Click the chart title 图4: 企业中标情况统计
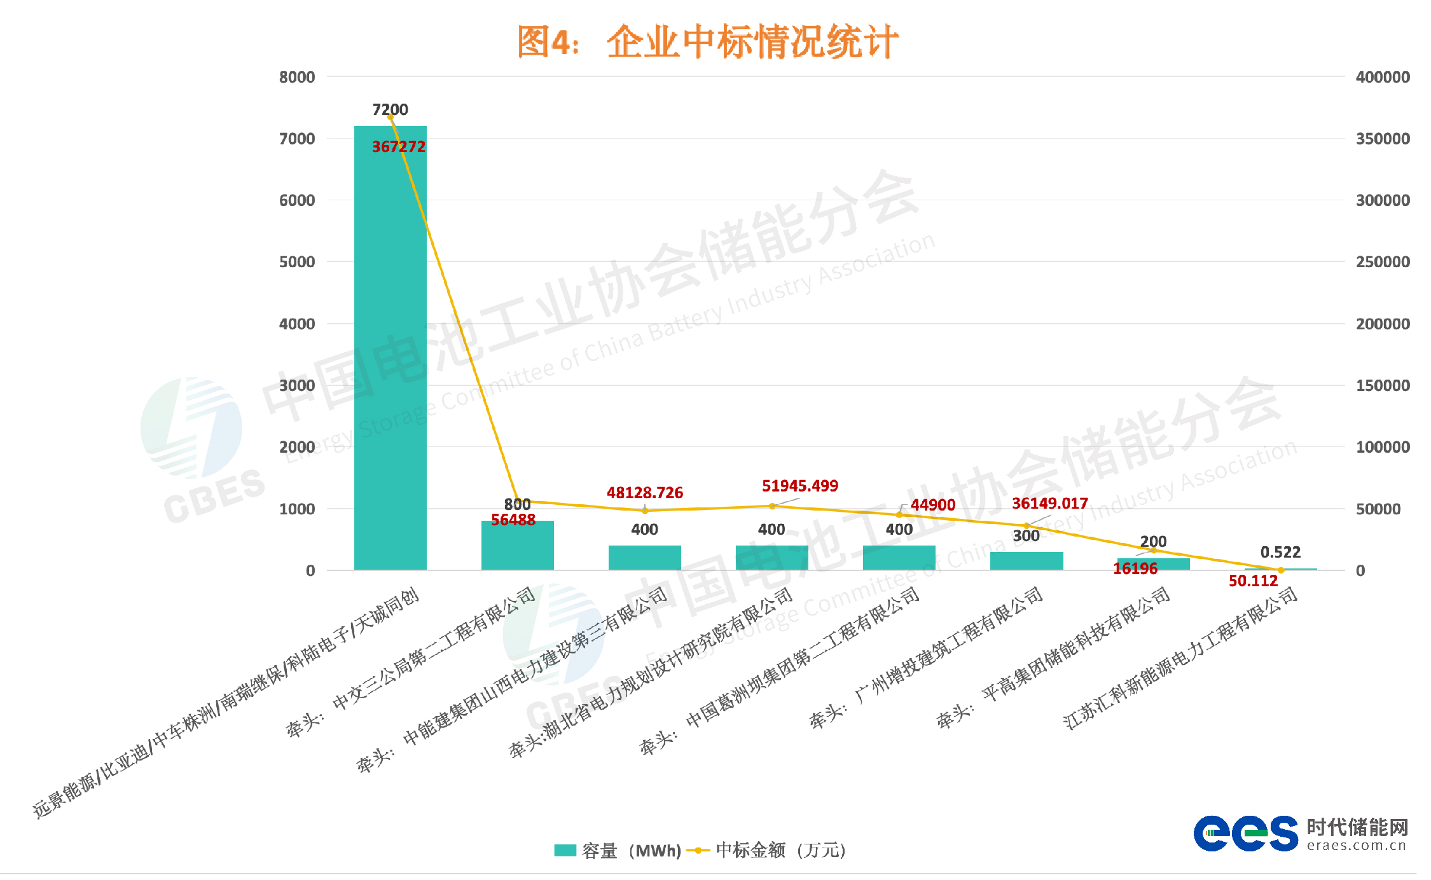click(x=707, y=42)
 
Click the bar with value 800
click(x=517, y=547)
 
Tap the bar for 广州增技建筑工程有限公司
click(x=1026, y=561)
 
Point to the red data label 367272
click(x=398, y=147)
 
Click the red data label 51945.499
click(x=799, y=486)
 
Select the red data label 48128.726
click(x=644, y=493)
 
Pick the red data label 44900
click(x=932, y=505)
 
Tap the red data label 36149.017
click(x=1049, y=504)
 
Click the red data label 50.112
click(x=1252, y=581)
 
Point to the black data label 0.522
click(x=1280, y=553)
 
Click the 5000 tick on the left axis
click(x=297, y=262)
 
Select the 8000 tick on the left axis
click(x=297, y=78)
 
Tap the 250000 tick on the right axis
click(x=1383, y=262)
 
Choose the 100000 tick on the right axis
click(x=1383, y=447)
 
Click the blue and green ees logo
click(x=1245, y=834)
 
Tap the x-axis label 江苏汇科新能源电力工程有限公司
click(x=1180, y=657)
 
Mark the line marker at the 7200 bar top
click(x=390, y=117)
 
